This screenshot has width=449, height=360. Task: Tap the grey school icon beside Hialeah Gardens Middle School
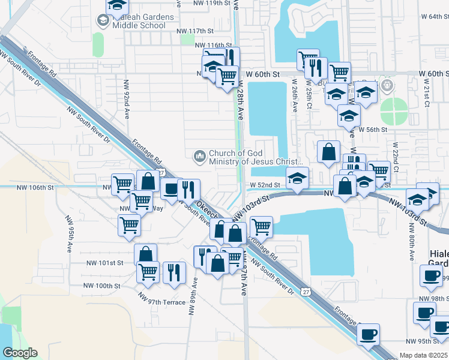tap(102, 21)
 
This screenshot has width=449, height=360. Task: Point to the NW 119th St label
tap(202, 3)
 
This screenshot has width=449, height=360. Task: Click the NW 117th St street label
tap(195, 31)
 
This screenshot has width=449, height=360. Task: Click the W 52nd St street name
tap(266, 185)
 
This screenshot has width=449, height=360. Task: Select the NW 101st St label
tap(104, 263)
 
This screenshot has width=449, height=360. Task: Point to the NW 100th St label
tap(102, 286)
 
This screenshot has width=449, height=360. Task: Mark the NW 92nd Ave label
tap(127, 96)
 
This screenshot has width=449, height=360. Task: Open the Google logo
tap(20, 353)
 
